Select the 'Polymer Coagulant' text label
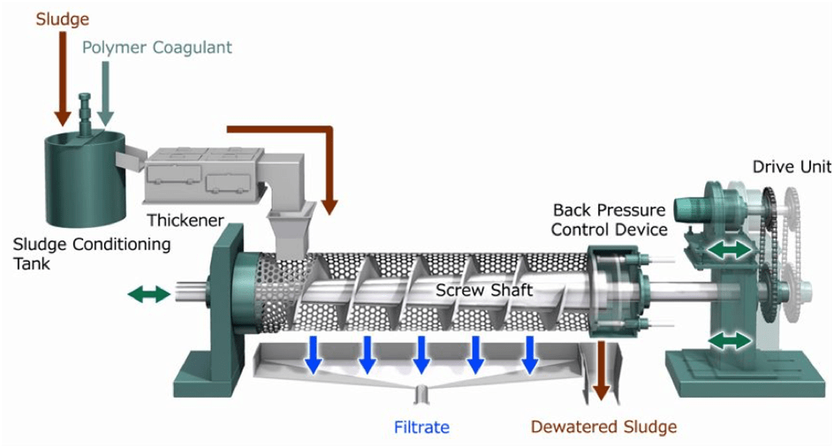tap(157, 47)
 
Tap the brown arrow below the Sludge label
tap(62, 80)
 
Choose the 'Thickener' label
tap(186, 220)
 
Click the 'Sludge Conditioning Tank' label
tap(92, 254)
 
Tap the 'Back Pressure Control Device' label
tap(609, 220)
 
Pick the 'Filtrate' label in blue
tap(421, 428)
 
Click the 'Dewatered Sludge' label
tap(603, 428)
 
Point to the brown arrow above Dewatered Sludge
tap(602, 371)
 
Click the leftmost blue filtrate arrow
tap(312, 354)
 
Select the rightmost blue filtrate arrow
tap(530, 354)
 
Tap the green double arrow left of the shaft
tap(148, 294)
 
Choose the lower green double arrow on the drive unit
tap(731, 339)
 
